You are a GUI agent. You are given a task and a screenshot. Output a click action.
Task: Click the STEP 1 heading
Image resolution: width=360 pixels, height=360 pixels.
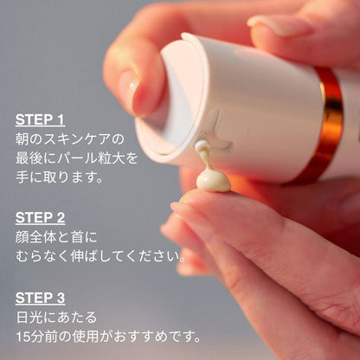click(x=40, y=119)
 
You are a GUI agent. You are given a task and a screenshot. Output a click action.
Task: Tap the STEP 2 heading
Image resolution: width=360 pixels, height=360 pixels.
click(x=40, y=218)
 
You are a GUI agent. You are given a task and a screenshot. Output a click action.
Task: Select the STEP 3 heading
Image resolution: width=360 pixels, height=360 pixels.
click(x=40, y=298)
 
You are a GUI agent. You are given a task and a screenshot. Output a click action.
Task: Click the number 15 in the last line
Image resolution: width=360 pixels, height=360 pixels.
click(x=22, y=337)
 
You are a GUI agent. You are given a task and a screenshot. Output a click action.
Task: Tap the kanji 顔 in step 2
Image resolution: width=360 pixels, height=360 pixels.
click(x=22, y=237)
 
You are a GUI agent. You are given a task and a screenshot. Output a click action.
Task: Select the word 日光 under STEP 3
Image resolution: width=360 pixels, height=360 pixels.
click(x=30, y=318)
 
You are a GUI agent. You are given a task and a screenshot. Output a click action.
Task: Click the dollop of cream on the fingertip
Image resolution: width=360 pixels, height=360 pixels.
click(x=213, y=181)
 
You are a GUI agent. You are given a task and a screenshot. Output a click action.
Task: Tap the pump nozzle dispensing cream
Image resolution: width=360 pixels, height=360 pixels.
click(x=200, y=145)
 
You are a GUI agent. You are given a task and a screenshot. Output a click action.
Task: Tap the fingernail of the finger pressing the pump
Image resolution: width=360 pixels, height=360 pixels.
click(x=130, y=93)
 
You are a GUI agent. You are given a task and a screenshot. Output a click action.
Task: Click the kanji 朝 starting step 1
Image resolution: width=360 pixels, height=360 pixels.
click(x=22, y=139)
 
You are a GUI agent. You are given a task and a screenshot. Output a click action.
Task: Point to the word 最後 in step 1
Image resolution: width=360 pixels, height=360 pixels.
click(x=29, y=158)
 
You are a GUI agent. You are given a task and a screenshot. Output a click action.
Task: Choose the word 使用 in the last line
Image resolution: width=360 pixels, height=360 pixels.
click(x=86, y=337)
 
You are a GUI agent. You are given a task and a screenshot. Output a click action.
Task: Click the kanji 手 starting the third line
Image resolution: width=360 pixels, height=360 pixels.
click(x=22, y=177)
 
